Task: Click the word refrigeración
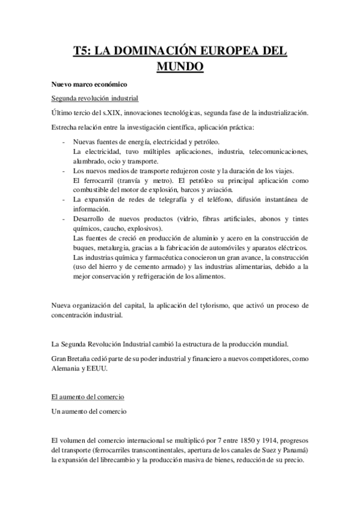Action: click(x=175, y=277)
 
